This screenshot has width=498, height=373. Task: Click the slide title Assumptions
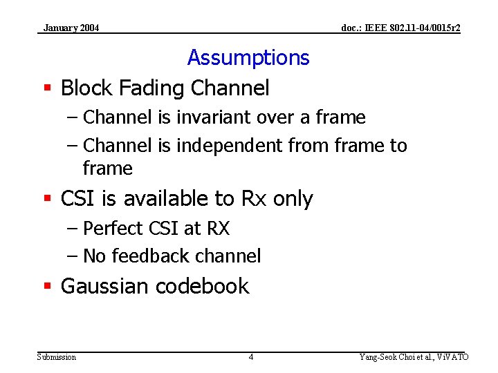pyautogui.click(x=248, y=57)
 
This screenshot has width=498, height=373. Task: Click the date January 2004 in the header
pyautogui.click(x=71, y=28)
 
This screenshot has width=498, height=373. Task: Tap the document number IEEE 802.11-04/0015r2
pyautogui.click(x=401, y=28)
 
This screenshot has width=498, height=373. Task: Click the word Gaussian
pyautogui.click(x=105, y=287)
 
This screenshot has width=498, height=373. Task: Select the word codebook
pyautogui.click(x=202, y=287)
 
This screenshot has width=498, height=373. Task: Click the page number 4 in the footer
pyautogui.click(x=250, y=357)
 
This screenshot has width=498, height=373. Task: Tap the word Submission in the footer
pyautogui.click(x=57, y=357)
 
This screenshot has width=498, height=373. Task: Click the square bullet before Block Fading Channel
pyautogui.click(x=48, y=88)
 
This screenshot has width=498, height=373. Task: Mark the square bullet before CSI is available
pyautogui.click(x=48, y=199)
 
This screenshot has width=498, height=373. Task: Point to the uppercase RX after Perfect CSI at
pyautogui.click(x=217, y=229)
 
